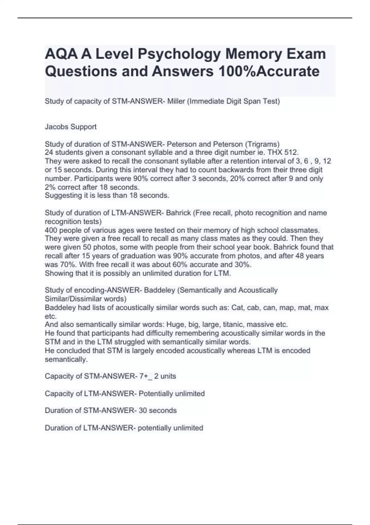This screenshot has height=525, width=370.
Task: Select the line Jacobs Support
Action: pyautogui.click(x=71, y=127)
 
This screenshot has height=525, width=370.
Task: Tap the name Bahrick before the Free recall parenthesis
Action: pyautogui.click(x=178, y=213)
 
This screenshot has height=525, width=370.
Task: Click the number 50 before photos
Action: pyautogui.click(x=86, y=247)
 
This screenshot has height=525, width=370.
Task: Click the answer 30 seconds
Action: pyautogui.click(x=158, y=410)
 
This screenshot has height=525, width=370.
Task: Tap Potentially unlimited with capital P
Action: pyautogui.click(x=172, y=393)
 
